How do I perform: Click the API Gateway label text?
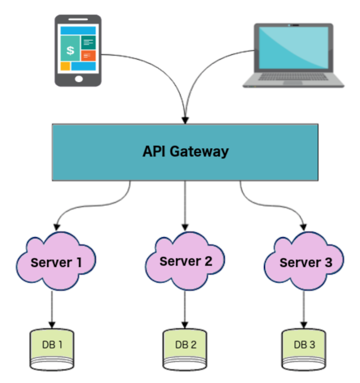coord(185,151)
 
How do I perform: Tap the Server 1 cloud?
coord(56,262)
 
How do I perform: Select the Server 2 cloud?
coord(185,261)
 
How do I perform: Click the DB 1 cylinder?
coord(52,348)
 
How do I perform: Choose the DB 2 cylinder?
coord(185,348)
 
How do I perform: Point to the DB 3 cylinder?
coord(304,348)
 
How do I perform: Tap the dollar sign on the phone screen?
coord(70,50)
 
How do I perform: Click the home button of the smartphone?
coord(78,78)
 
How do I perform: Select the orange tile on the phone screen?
coord(89,56)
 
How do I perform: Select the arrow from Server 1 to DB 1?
coord(52,309)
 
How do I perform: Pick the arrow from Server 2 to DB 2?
coord(185,309)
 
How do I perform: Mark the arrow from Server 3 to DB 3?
coord(304,309)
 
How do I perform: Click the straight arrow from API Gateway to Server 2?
coord(185,204)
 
